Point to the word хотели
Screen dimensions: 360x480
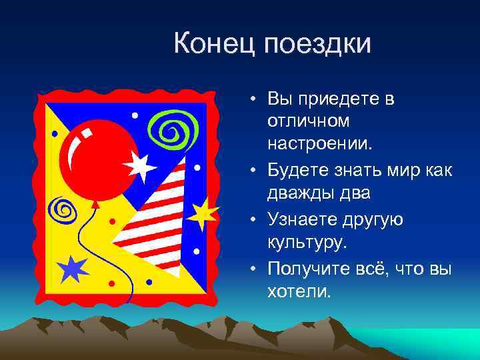(299, 291)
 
